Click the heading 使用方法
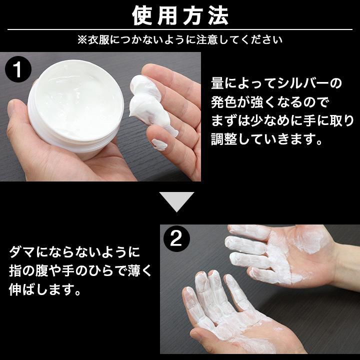pos(180,16)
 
